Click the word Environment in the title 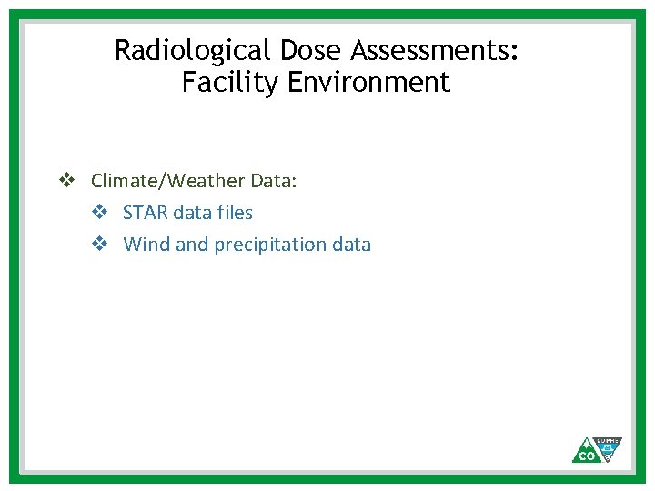pos(368,83)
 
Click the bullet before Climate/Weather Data pos(66,181)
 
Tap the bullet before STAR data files pos(100,213)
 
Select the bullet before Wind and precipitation pos(100,245)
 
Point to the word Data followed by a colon pos(273,181)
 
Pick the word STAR pos(144,213)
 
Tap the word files pos(236,213)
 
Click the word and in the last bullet pos(192,245)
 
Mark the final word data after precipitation pos(351,245)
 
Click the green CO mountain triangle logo pos(586,451)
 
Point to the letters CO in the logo pos(586,456)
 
